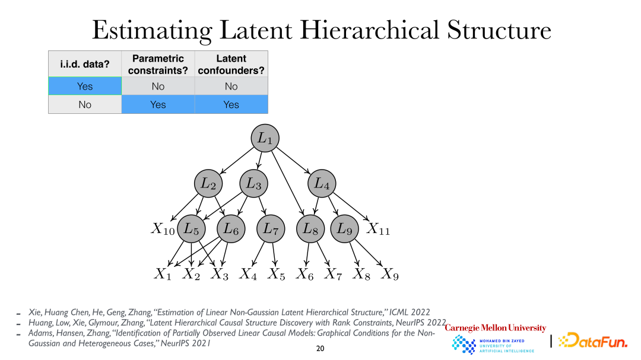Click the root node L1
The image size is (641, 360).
pyautogui.click(x=265, y=138)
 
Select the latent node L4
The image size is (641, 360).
pyautogui.click(x=322, y=183)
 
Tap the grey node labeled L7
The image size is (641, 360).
pyautogui.click(x=271, y=229)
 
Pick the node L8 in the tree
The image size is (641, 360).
pyautogui.click(x=310, y=229)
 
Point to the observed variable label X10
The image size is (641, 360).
pyautogui.click(x=163, y=230)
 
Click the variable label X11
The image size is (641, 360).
pyautogui.click(x=378, y=230)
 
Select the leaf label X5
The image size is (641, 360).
pyautogui.click(x=277, y=274)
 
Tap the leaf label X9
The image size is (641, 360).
pyautogui.click(x=389, y=274)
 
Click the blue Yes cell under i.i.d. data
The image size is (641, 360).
pyautogui.click(x=85, y=86)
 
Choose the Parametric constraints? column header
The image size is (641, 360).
pyautogui.click(x=158, y=64)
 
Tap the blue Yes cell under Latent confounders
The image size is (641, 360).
pyautogui.click(x=231, y=104)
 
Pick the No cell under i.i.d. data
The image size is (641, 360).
pyautogui.click(x=85, y=104)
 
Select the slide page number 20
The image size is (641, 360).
pyautogui.click(x=320, y=349)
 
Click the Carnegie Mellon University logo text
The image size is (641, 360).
pyautogui.click(x=496, y=328)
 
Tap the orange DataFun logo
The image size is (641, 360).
pyautogui.click(x=593, y=340)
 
